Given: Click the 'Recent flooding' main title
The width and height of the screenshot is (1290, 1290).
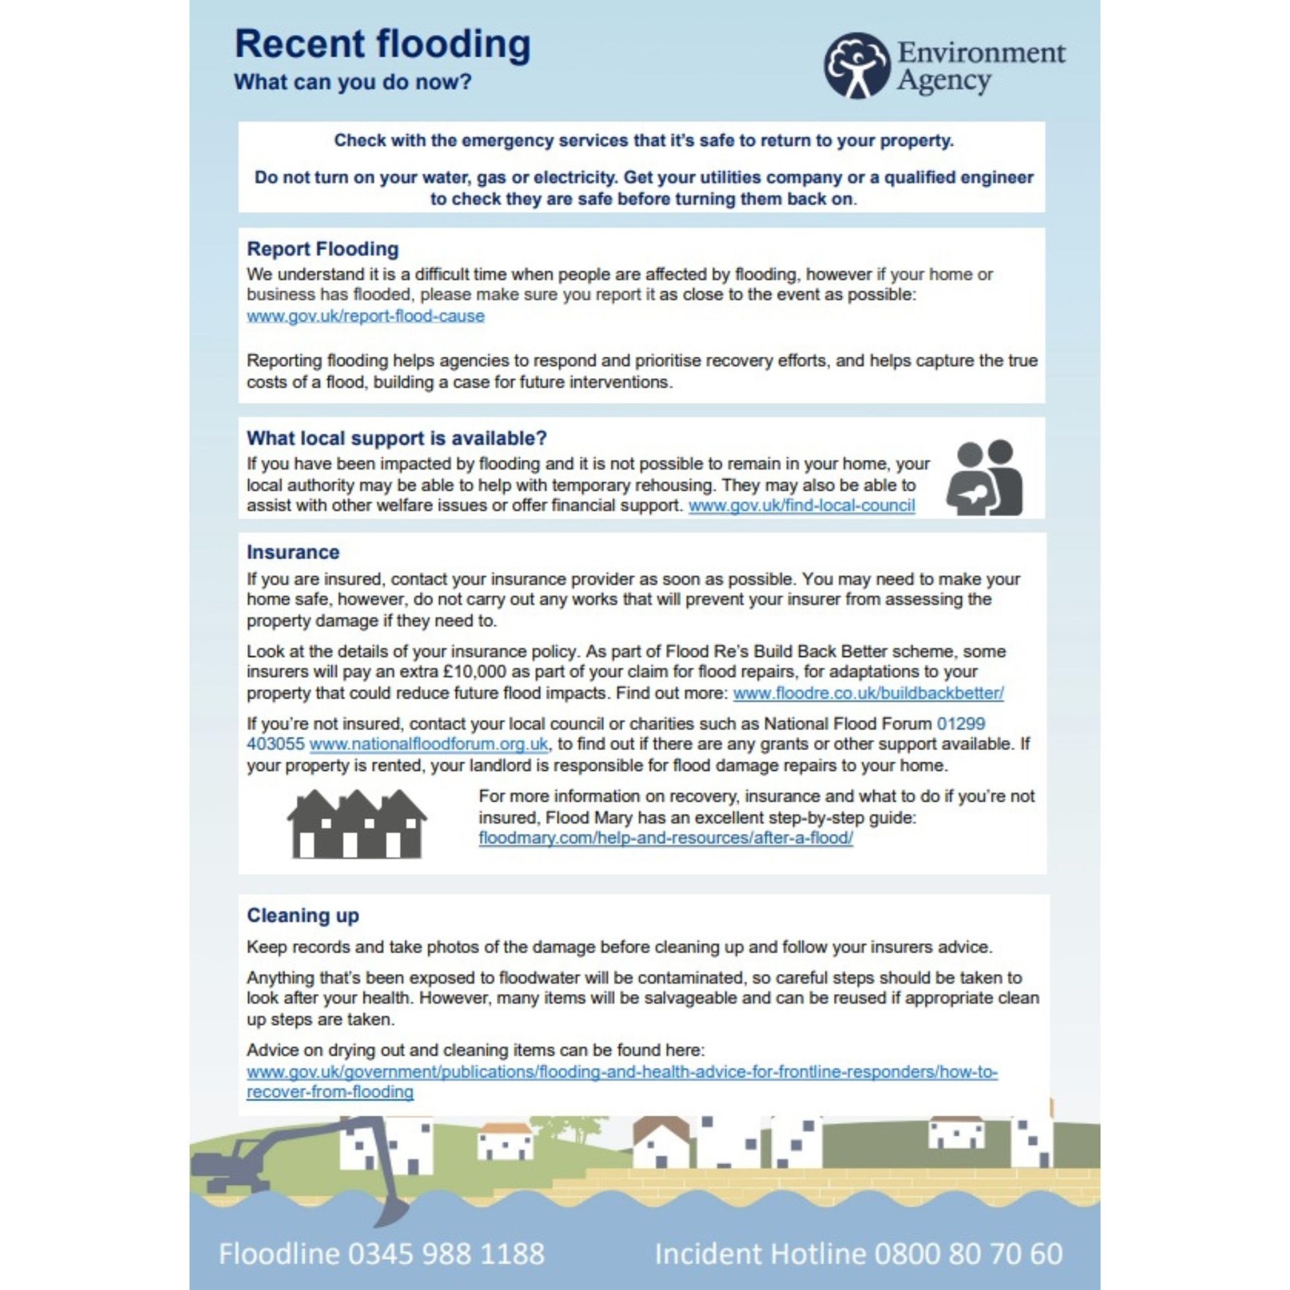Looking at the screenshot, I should coord(382,44).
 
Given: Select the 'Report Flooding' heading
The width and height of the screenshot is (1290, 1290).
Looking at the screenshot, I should coord(322,249).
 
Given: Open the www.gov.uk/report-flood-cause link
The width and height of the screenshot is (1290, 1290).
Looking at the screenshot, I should coord(365,316).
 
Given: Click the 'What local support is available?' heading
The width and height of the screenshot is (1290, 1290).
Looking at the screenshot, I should coord(396,438).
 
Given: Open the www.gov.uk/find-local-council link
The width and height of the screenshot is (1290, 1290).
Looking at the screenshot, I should coord(802,505).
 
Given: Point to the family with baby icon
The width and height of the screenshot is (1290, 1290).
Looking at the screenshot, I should coord(985,478).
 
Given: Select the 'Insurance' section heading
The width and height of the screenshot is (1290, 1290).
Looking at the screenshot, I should coord(293,552).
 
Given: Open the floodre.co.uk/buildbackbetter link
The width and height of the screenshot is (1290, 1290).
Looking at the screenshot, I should coord(868,693).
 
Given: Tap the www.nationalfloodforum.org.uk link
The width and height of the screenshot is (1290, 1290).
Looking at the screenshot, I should coord(429,744).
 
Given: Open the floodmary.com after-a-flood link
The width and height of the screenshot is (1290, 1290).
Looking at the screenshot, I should coord(665,838).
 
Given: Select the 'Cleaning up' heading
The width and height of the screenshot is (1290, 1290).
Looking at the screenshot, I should coord(303,915).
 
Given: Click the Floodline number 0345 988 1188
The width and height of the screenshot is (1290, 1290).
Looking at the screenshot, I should coord(446,1254).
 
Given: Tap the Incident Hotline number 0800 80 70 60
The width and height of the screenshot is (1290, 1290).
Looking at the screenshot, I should coord(968,1254).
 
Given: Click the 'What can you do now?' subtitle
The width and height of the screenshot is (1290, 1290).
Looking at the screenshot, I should coord(353,82).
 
